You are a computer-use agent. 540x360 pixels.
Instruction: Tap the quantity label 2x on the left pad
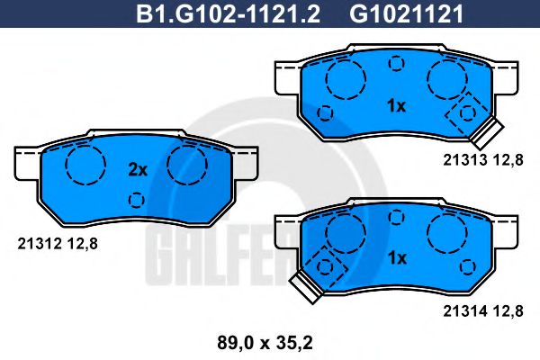(137, 169)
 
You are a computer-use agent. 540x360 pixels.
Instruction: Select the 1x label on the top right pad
(396, 106)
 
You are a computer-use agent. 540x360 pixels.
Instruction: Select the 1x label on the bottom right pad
(396, 258)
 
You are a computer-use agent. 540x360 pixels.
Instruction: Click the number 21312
(37, 241)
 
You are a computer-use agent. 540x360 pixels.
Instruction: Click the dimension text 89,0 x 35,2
(266, 341)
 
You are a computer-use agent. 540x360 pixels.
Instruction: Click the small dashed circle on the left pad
(136, 200)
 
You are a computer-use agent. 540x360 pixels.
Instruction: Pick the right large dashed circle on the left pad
(186, 164)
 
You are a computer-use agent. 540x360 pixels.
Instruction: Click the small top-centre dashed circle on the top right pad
(395, 64)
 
